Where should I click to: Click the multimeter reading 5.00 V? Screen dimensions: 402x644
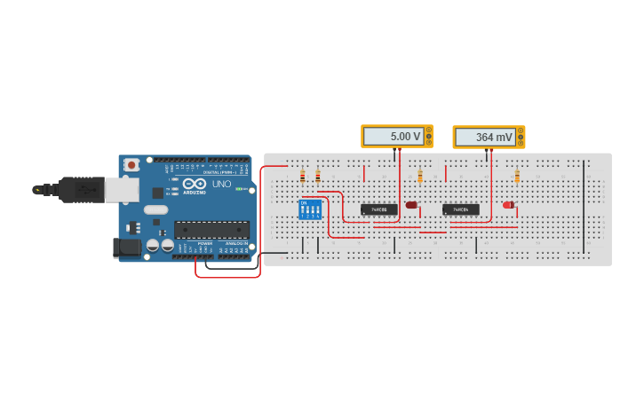(396, 136)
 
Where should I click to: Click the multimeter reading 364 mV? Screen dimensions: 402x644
(488, 137)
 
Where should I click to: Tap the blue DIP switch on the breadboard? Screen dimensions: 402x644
(310, 210)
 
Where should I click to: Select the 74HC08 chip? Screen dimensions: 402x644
(378, 209)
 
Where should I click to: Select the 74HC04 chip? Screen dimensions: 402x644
(460, 209)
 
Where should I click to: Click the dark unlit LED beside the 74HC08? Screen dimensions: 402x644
(411, 205)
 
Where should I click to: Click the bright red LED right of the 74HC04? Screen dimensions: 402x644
(508, 205)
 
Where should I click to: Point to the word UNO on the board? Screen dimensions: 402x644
(221, 185)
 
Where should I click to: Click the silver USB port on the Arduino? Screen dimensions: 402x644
(121, 188)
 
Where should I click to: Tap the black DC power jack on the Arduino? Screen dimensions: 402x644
(127, 248)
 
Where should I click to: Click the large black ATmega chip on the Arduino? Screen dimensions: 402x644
(211, 230)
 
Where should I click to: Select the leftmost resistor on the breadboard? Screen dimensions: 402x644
(302, 176)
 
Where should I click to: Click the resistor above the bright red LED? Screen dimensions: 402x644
(517, 176)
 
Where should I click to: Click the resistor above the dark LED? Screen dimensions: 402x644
(420, 177)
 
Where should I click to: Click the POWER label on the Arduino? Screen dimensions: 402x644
(204, 242)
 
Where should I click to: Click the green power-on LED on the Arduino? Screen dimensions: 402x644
(237, 189)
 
